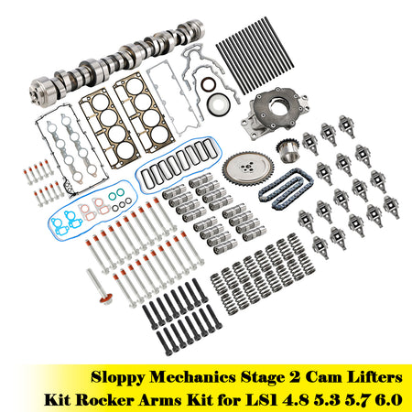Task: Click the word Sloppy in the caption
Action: (117, 377)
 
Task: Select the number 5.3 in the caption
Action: (327, 400)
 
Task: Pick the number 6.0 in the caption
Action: (388, 400)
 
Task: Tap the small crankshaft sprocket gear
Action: (287, 151)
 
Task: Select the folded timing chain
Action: (286, 190)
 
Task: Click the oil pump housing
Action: (273, 113)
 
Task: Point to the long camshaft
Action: (117, 62)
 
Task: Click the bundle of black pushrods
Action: (255, 56)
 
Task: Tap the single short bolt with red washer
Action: (100, 287)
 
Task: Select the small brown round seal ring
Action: (209, 84)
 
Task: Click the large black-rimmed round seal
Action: (218, 104)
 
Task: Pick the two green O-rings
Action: (116, 195)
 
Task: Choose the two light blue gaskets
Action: (67, 222)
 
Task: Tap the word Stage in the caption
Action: (262, 378)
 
